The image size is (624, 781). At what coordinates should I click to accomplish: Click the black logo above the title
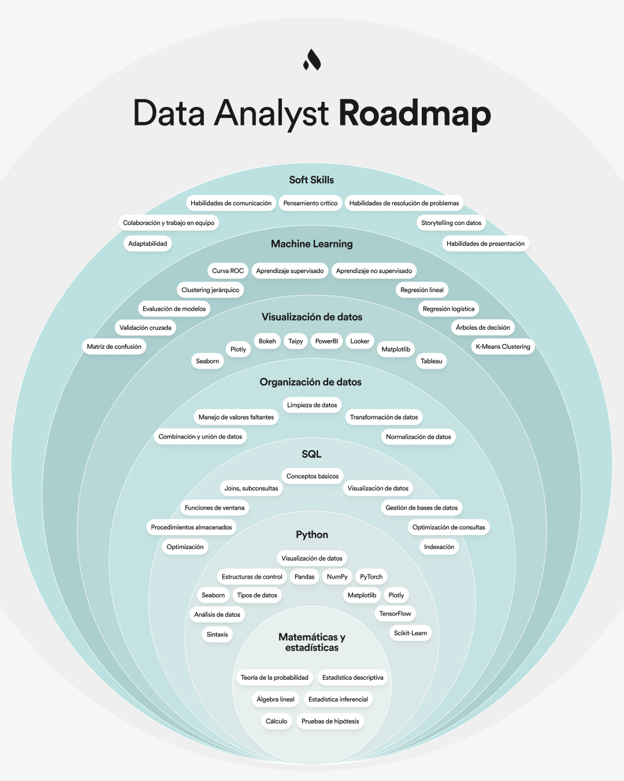[312, 60]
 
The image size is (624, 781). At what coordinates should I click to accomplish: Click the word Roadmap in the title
[414, 113]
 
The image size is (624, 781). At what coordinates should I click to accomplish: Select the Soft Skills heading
[311, 180]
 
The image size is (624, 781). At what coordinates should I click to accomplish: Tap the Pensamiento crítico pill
[310, 203]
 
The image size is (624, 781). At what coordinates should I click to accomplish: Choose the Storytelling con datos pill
[451, 223]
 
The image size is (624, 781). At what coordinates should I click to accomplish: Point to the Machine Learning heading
[311, 244]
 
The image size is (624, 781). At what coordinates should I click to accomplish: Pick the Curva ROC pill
[228, 271]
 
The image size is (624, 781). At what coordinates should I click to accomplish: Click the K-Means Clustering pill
[503, 347]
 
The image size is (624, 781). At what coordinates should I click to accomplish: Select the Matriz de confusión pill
[114, 347]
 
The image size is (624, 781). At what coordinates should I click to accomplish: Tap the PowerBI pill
[326, 341]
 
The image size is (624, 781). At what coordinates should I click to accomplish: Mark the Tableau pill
[431, 361]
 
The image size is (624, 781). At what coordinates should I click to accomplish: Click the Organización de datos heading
[310, 382]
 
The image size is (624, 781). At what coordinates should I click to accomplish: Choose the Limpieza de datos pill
[312, 405]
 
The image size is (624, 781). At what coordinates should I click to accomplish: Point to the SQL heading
[311, 454]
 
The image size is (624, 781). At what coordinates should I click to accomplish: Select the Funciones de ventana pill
[214, 508]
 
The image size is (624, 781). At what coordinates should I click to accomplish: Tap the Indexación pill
[439, 547]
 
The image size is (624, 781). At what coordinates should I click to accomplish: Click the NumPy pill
[337, 577]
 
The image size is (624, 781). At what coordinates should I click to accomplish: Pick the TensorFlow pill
[395, 614]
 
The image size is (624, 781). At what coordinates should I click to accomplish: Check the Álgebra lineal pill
[276, 699]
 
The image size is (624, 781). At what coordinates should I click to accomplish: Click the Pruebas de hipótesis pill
[330, 721]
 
